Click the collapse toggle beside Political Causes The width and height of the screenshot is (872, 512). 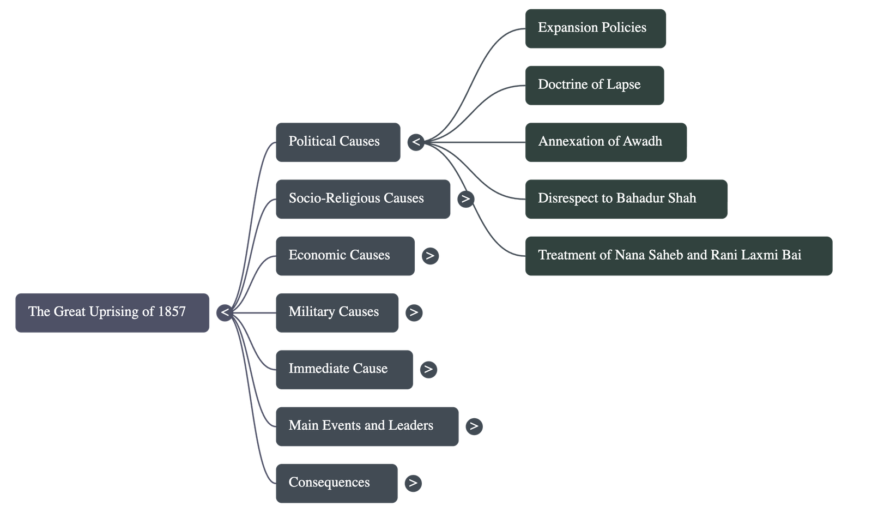[x=416, y=142]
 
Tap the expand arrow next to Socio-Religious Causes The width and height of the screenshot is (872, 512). [x=465, y=199]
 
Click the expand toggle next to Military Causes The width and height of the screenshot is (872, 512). [x=414, y=312]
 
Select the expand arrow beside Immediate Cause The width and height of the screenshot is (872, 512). [x=428, y=369]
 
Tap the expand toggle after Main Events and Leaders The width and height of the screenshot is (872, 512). [x=474, y=426]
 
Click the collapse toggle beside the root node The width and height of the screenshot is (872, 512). [x=225, y=313]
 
